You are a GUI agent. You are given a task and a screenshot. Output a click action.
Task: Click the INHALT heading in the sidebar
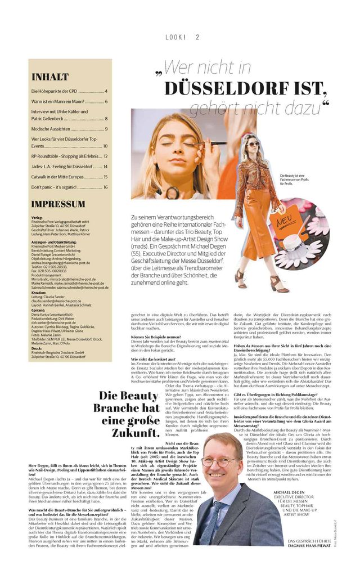(x=51, y=77)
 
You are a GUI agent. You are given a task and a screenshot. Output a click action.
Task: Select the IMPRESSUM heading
(x=58, y=204)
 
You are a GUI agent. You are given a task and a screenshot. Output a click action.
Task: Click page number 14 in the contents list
(x=105, y=167)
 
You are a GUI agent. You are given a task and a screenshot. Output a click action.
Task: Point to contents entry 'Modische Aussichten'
(x=53, y=129)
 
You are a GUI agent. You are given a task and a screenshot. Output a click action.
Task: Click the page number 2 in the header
(x=197, y=38)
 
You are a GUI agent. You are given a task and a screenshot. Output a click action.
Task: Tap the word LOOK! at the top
(x=175, y=38)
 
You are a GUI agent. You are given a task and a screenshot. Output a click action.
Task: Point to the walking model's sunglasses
(x=253, y=145)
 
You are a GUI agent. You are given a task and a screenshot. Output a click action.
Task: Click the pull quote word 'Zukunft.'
(x=132, y=433)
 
